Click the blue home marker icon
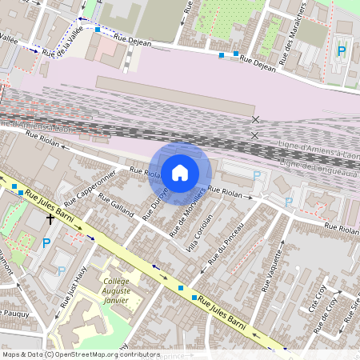click(180, 172)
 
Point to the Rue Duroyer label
click(155, 204)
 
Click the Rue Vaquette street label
click(273, 271)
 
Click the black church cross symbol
click(50, 217)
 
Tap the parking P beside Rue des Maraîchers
click(342, 50)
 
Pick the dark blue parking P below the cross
click(46, 242)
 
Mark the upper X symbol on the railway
click(256, 119)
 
